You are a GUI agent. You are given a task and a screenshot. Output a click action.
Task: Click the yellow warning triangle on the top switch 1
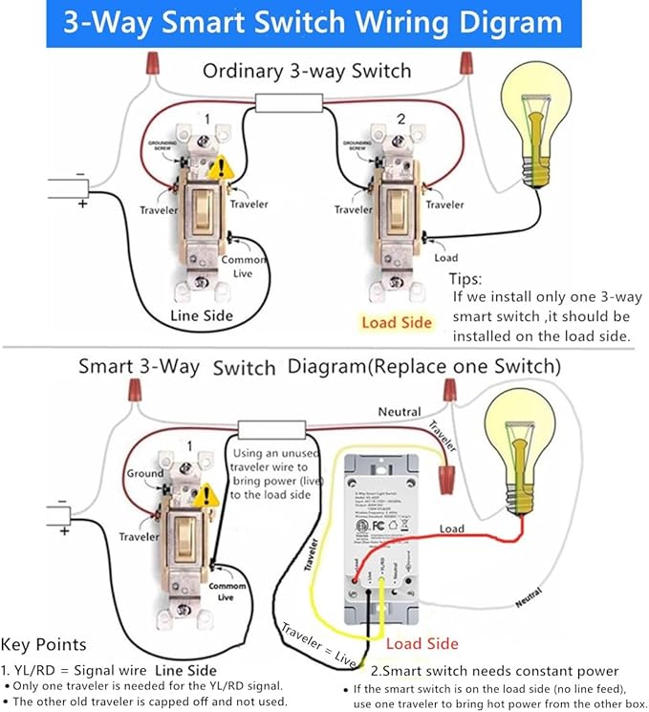click(222, 169)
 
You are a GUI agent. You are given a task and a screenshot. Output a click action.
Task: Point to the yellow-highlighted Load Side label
click(397, 322)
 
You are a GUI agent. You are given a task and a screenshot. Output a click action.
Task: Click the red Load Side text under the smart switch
click(422, 643)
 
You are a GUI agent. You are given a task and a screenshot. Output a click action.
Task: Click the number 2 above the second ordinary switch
click(401, 119)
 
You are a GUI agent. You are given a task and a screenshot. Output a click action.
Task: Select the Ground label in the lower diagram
click(145, 473)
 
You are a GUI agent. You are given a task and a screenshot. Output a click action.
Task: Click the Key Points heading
click(44, 644)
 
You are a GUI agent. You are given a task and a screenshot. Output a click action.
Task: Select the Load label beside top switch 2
click(446, 257)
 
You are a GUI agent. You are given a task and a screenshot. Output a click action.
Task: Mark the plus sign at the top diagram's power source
click(82, 204)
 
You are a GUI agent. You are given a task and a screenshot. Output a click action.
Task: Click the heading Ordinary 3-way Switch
click(307, 71)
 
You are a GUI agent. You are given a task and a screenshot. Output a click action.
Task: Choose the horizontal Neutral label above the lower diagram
click(399, 411)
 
